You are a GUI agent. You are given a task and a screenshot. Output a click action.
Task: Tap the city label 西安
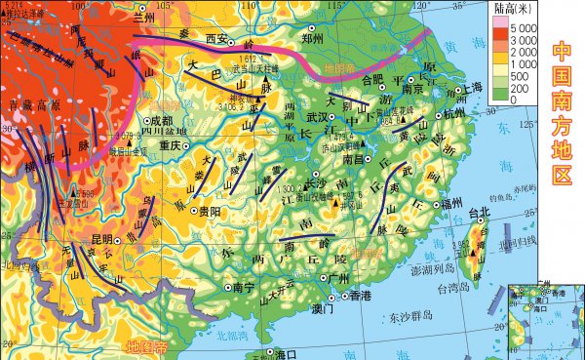tap(216, 40)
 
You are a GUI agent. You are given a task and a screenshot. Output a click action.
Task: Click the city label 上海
tap(473, 87)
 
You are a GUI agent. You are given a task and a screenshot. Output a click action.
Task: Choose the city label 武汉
tap(314, 117)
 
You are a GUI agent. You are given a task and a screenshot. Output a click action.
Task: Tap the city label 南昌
tap(356, 157)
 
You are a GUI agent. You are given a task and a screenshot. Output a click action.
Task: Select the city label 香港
tap(360, 295)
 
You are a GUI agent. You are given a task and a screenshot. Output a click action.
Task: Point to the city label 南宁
tap(243, 288)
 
